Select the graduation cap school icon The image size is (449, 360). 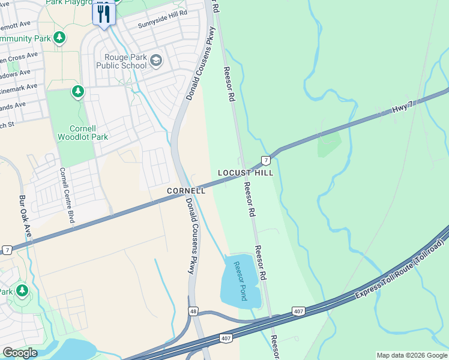(x=156, y=59)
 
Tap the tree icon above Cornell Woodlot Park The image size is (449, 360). (x=77, y=92)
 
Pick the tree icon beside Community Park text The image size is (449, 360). (x=59, y=38)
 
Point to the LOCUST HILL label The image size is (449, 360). (x=245, y=173)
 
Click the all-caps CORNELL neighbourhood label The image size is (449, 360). (x=186, y=191)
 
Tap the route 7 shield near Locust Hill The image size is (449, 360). (x=265, y=160)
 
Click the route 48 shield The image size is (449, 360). (x=193, y=311)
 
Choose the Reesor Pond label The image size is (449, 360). (x=240, y=281)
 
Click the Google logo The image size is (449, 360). (x=20, y=353)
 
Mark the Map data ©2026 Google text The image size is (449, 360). (x=412, y=355)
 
